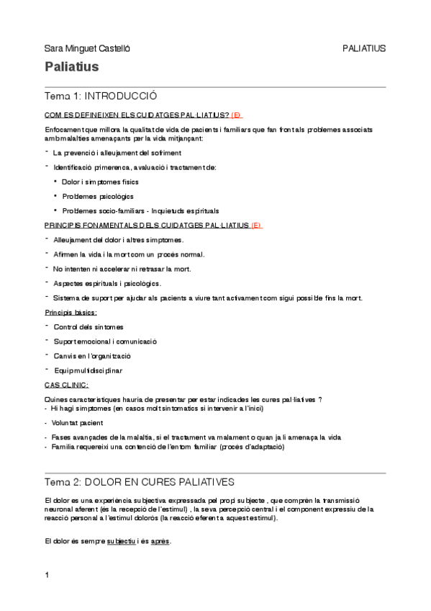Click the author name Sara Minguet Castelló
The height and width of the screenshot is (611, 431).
(x=87, y=48)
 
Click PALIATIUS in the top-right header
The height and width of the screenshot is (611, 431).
(x=364, y=48)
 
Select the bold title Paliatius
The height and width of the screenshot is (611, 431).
(x=71, y=68)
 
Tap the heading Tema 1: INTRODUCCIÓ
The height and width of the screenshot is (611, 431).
(x=101, y=96)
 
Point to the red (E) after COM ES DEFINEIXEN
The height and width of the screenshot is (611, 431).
(x=237, y=115)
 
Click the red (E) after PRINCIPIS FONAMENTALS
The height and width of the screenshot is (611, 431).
(x=256, y=225)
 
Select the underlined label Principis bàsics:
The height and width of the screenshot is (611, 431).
(x=71, y=312)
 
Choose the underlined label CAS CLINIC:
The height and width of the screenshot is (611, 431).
(x=66, y=385)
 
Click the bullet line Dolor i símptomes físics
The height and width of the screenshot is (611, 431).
(x=100, y=182)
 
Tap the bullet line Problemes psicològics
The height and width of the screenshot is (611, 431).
(x=97, y=196)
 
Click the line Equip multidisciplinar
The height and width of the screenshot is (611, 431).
(x=88, y=370)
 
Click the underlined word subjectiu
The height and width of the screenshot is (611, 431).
(x=122, y=541)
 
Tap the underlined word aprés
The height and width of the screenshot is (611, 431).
(x=160, y=541)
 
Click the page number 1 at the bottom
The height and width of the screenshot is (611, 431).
(x=47, y=575)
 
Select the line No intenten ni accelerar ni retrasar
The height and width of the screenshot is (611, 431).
(x=115, y=268)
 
